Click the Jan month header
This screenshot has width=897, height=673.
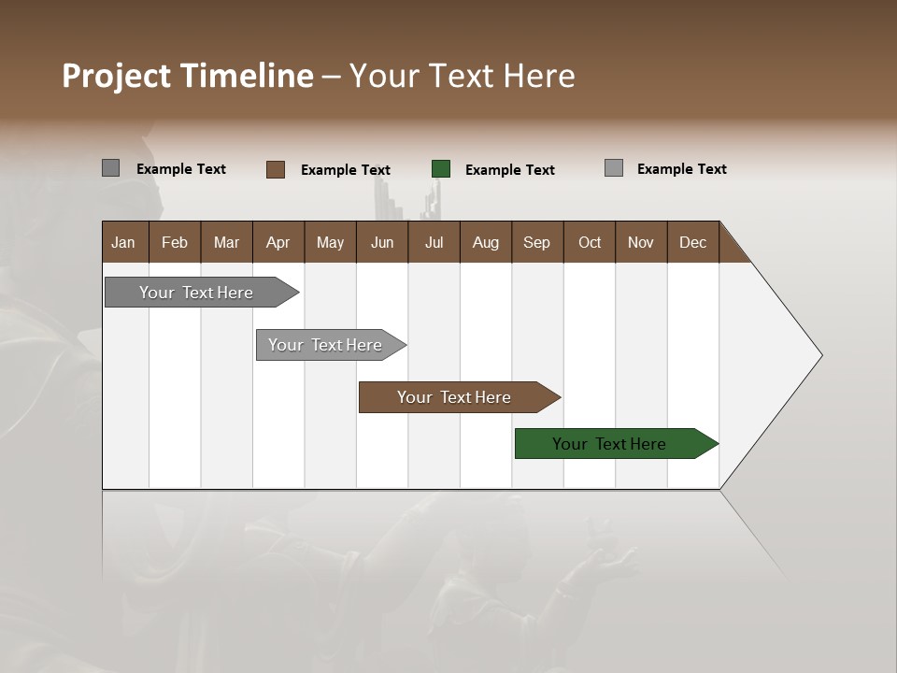click(x=124, y=242)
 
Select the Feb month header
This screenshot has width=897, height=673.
click(x=175, y=242)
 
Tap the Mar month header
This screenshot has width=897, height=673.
click(x=226, y=242)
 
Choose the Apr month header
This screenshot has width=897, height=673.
click(x=278, y=242)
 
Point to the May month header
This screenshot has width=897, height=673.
click(x=330, y=242)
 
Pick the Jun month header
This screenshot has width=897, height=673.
click(x=382, y=242)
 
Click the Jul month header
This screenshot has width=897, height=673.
click(x=434, y=242)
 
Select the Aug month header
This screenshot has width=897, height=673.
click(x=486, y=242)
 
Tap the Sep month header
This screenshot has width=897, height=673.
click(x=537, y=242)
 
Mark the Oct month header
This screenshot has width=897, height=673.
click(x=590, y=242)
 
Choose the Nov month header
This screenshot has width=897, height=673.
click(x=641, y=242)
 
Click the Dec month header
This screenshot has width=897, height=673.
click(x=693, y=242)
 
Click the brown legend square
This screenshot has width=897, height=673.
click(x=276, y=169)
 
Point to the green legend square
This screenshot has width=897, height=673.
click(x=441, y=169)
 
